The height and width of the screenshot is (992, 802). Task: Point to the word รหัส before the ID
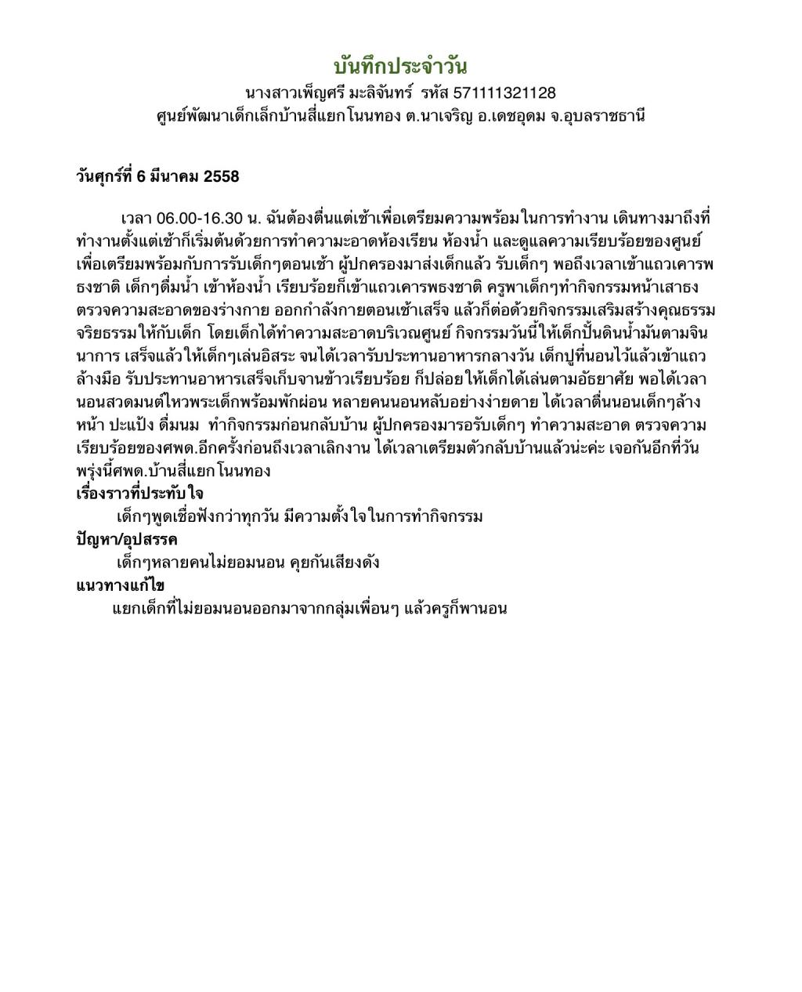(433, 93)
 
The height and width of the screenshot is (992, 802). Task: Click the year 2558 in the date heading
(222, 177)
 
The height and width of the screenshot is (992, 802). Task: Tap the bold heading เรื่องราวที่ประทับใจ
(139, 494)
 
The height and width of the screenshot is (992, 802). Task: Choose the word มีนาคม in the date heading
(173, 177)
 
